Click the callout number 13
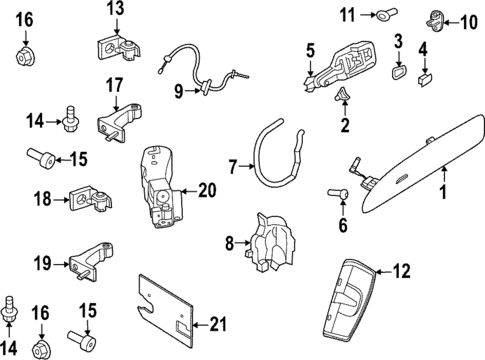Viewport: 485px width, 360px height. click(x=116, y=8)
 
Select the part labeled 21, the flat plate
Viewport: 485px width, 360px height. click(x=166, y=309)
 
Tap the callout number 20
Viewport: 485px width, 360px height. click(x=207, y=190)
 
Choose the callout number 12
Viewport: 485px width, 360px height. click(x=401, y=271)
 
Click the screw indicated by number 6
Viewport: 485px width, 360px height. click(x=338, y=193)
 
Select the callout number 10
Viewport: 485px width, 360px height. click(x=468, y=23)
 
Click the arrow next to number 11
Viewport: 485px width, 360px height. click(x=368, y=15)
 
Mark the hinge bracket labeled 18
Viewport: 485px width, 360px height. click(x=91, y=199)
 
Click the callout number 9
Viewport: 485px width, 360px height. click(x=179, y=91)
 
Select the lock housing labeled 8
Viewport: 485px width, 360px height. click(x=272, y=243)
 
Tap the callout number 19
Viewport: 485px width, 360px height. click(x=43, y=264)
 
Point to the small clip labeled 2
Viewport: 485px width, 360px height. click(x=343, y=95)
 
